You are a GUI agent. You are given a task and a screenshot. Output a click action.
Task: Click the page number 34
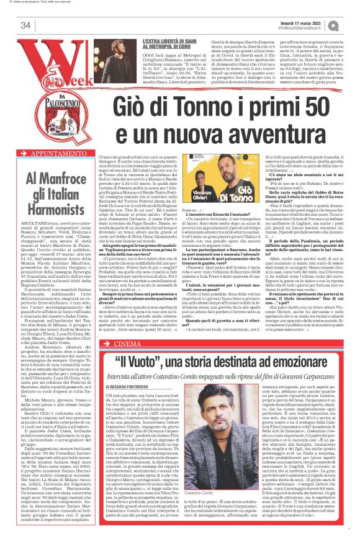[25, 25]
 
